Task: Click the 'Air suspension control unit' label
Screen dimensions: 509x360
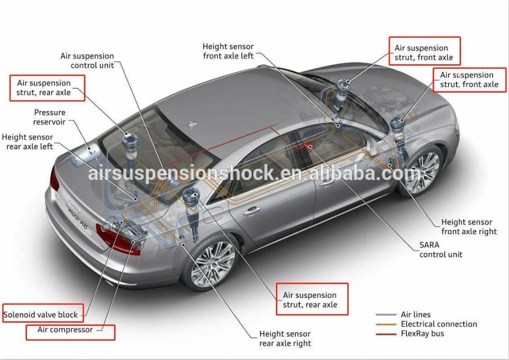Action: click(x=87, y=61)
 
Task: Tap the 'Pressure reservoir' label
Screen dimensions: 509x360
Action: click(x=49, y=117)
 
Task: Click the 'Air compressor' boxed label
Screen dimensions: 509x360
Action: click(x=70, y=333)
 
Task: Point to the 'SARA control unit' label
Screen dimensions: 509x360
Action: click(x=440, y=250)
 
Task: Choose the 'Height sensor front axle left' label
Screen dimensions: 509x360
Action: click(x=228, y=51)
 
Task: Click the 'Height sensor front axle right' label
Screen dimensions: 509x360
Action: click(x=469, y=227)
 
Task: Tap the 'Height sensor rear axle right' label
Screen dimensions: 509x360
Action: click(x=285, y=339)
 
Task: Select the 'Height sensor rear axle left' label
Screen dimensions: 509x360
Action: click(x=27, y=142)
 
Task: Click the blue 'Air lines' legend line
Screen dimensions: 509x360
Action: click(x=386, y=315)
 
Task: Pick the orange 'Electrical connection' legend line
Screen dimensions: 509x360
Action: click(x=386, y=324)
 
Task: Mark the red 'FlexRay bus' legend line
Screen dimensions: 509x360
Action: click(x=386, y=334)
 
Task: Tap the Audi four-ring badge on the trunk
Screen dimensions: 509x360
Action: click(x=74, y=205)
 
